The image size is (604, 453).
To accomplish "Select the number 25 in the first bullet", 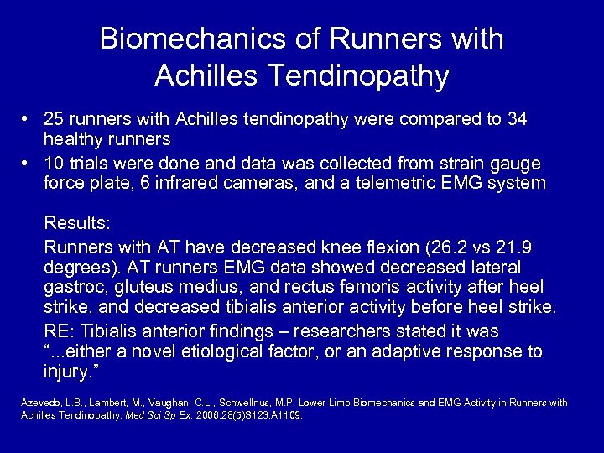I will (55, 120).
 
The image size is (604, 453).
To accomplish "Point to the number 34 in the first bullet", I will (518, 120).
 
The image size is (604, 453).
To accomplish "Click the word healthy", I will (74, 138).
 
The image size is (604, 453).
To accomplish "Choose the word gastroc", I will (76, 289).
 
